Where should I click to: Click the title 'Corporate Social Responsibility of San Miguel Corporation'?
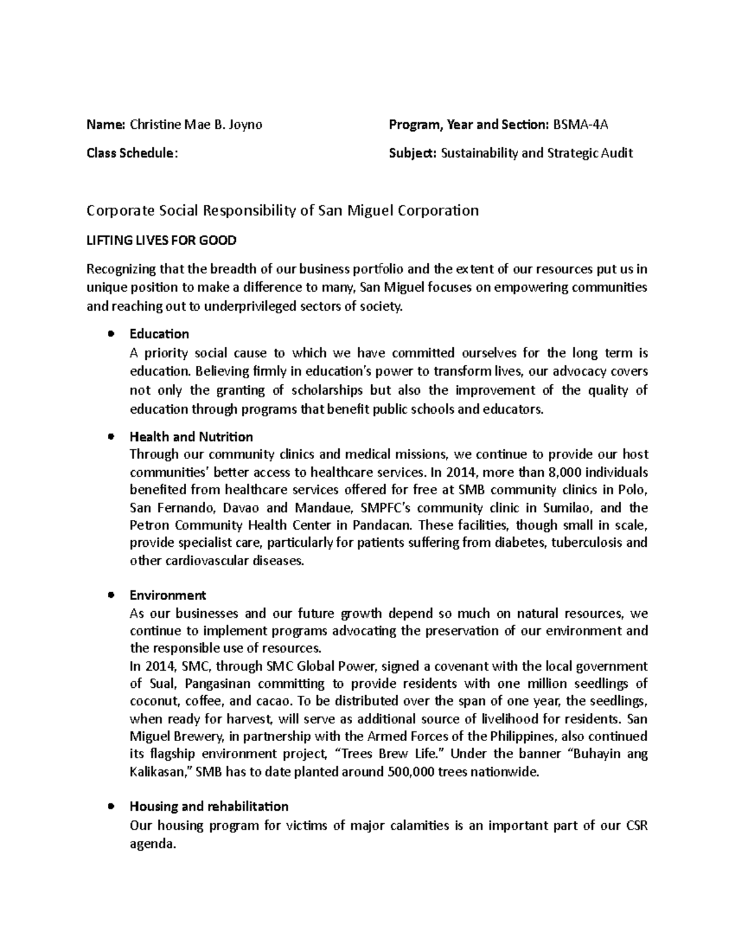pyautogui.click(x=282, y=211)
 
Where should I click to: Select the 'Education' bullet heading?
pyautogui.click(x=159, y=334)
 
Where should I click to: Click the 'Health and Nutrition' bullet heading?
pyautogui.click(x=191, y=437)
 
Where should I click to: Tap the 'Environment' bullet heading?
pyautogui.click(x=168, y=595)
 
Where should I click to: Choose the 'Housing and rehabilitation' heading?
pyautogui.click(x=209, y=806)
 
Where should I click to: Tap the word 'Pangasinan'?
pyautogui.click(x=220, y=684)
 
